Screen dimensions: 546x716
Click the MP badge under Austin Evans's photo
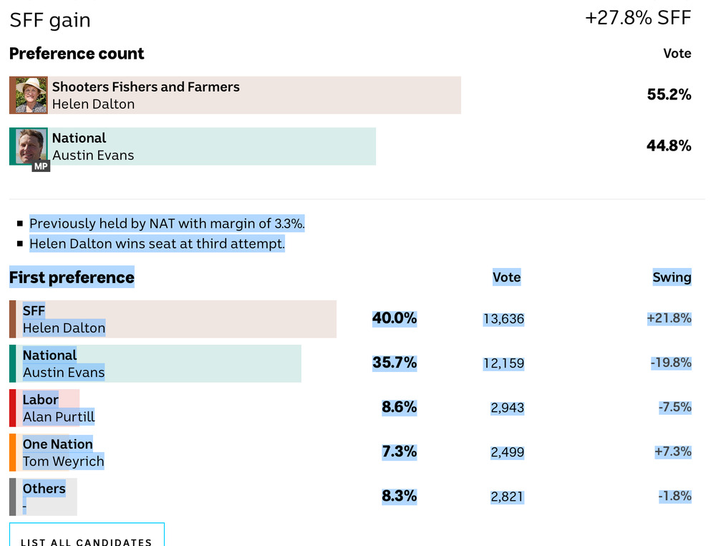point(41,166)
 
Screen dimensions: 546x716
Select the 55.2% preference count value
point(669,95)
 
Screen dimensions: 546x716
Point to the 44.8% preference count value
point(669,145)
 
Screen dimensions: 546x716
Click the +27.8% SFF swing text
point(638,18)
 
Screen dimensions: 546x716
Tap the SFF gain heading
point(50,20)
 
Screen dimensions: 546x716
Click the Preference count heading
point(77,54)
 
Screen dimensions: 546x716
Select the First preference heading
point(72,277)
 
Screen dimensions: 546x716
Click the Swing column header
point(672,277)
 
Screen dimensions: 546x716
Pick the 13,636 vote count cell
point(503,319)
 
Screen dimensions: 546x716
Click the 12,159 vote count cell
point(503,363)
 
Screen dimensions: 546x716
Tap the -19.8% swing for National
point(671,363)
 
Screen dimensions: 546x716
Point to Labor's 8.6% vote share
point(399,407)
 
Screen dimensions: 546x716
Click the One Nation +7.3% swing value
point(672,451)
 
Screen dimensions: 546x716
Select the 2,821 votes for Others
point(507,497)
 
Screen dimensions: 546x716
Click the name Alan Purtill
point(59,416)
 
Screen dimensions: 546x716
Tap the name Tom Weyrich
point(63,461)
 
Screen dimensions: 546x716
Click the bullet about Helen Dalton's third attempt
point(157,244)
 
